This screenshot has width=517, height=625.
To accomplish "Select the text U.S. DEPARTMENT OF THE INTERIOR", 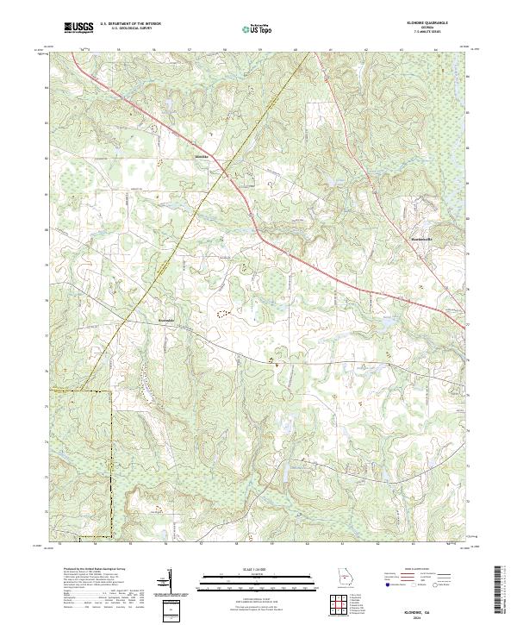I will coord(130,24).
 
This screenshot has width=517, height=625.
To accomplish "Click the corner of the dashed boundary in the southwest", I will coord(112,391).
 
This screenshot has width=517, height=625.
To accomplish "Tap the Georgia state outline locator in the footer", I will coord(346,578).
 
